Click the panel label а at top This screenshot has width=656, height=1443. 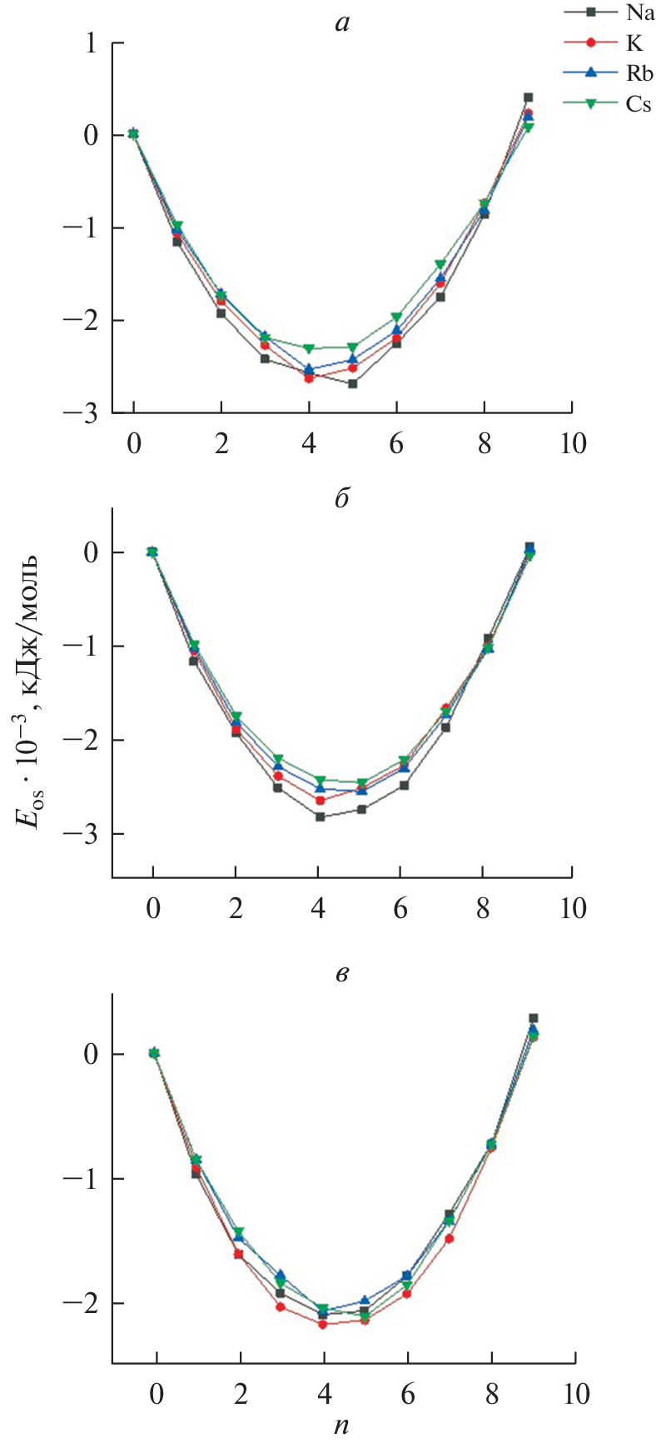(341, 22)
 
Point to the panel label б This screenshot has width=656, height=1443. (341, 498)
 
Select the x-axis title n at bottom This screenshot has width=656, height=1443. (341, 1426)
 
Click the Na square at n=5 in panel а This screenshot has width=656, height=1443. (353, 383)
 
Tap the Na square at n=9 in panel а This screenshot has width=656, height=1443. (528, 97)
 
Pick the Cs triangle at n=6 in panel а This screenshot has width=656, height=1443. (396, 317)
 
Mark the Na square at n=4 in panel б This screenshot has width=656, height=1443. (319, 816)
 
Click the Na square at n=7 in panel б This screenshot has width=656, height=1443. (446, 727)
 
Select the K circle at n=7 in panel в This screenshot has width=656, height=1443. (450, 1238)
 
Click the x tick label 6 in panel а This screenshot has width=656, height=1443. (396, 443)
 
